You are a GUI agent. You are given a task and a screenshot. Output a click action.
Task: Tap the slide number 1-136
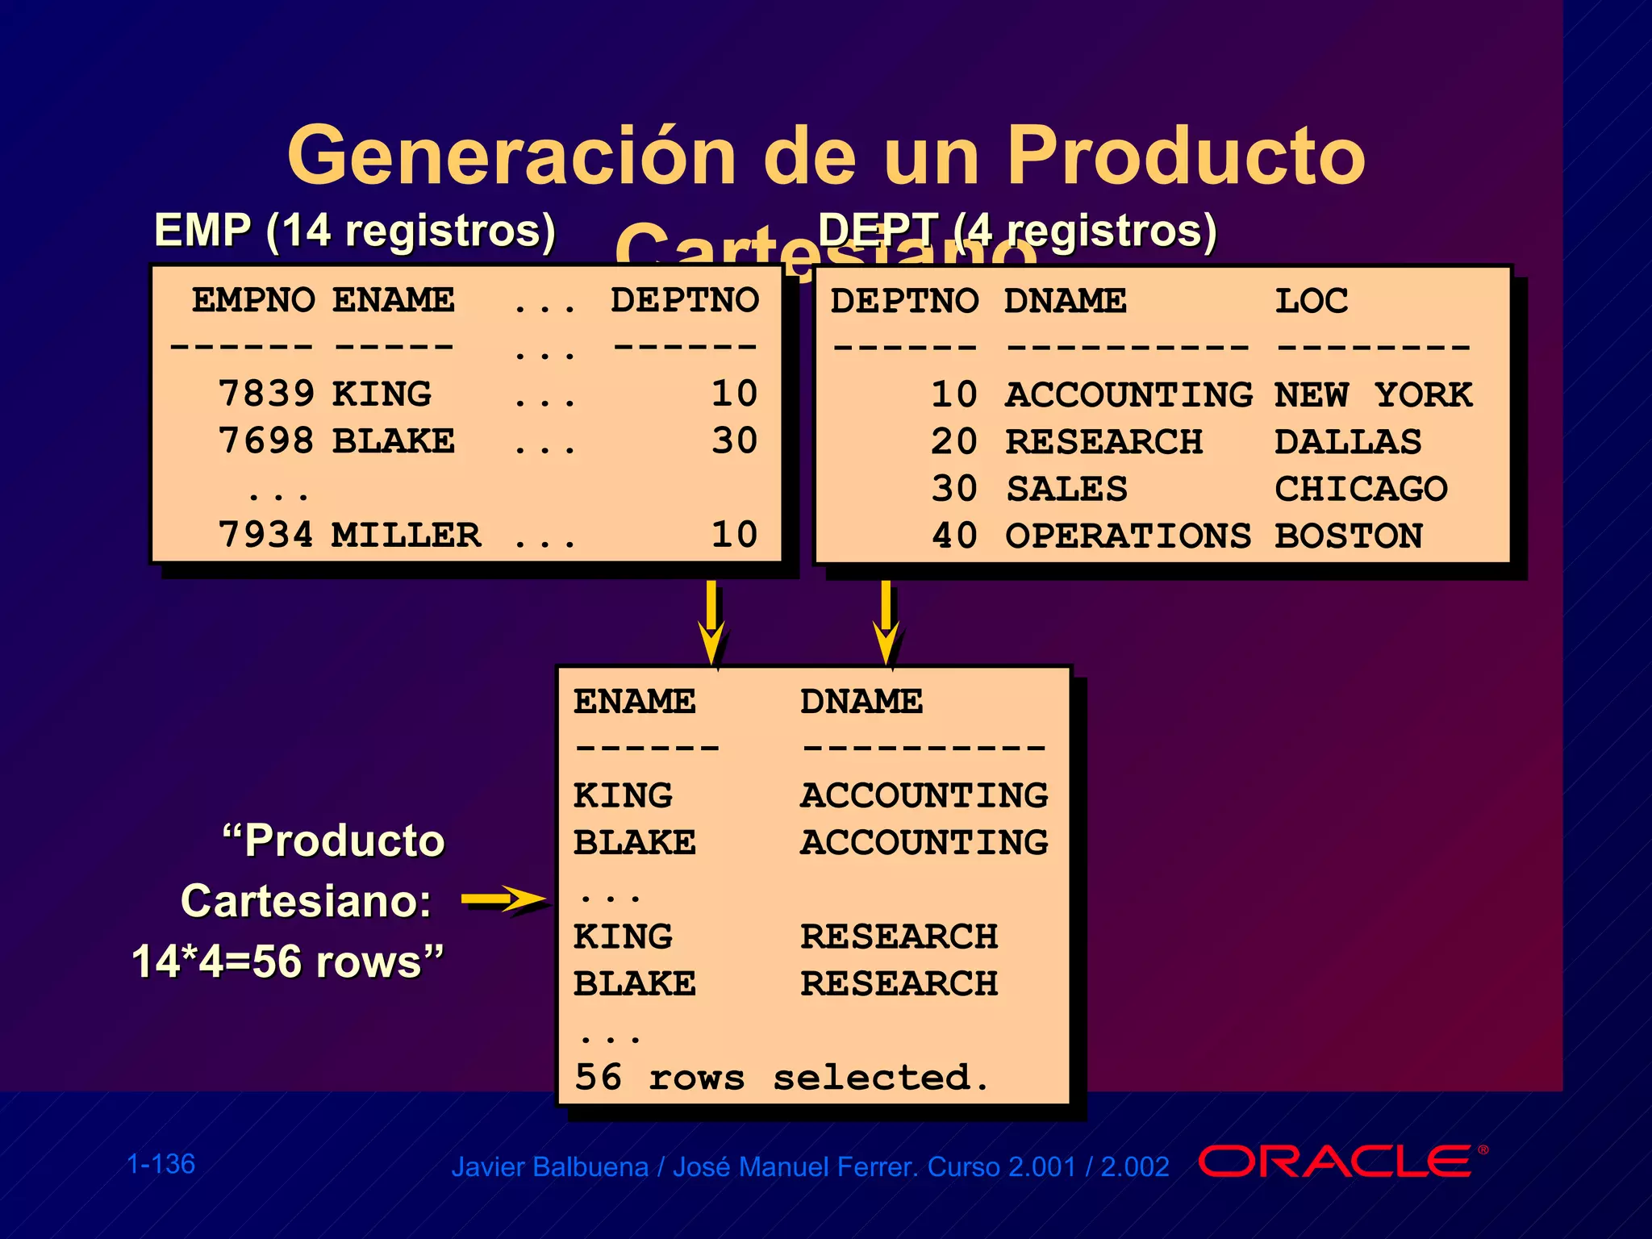pyautogui.click(x=161, y=1164)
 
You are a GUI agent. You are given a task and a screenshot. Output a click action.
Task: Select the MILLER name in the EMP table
pyautogui.click(x=406, y=535)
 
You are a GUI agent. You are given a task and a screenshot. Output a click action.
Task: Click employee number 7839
pyautogui.click(x=266, y=394)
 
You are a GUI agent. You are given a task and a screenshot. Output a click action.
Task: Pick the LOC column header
pyautogui.click(x=1311, y=301)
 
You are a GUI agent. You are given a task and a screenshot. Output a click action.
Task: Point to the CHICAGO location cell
pyautogui.click(x=1361, y=489)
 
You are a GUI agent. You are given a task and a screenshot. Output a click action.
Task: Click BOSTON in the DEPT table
pyautogui.click(x=1348, y=536)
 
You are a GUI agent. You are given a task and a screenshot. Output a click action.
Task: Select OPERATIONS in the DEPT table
pyautogui.click(x=1128, y=536)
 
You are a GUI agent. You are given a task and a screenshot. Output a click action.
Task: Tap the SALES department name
pyautogui.click(x=1066, y=489)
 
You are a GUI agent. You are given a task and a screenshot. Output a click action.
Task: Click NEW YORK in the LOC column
pyautogui.click(x=1373, y=395)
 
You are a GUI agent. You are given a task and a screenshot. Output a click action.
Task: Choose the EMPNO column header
pyautogui.click(x=253, y=300)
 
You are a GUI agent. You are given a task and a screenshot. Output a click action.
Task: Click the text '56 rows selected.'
pyautogui.click(x=781, y=1078)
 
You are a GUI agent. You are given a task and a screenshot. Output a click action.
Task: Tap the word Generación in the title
pyautogui.click(x=511, y=155)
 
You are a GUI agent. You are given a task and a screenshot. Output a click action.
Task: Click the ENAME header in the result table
pyautogui.click(x=634, y=701)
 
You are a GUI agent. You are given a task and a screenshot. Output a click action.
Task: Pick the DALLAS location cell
pyautogui.click(x=1348, y=442)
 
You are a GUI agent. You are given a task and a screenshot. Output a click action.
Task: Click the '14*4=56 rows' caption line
pyautogui.click(x=287, y=962)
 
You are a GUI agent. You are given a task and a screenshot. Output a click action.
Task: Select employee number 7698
pyautogui.click(x=266, y=440)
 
